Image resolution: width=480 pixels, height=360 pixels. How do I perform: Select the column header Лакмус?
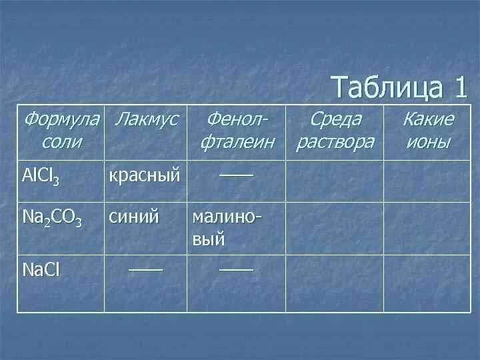click(146, 120)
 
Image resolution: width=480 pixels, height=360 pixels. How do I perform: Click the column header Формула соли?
click(61, 131)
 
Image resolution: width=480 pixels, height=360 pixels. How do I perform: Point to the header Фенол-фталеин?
click(237, 131)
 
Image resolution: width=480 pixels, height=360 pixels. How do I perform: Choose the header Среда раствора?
click(335, 131)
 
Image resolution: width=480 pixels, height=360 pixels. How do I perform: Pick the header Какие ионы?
click(427, 131)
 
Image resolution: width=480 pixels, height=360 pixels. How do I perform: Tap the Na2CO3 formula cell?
click(52, 219)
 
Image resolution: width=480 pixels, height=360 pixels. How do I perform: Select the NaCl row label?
click(41, 271)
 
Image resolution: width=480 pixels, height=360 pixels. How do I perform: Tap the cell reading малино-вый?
click(227, 228)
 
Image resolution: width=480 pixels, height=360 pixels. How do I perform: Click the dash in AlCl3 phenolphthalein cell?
click(237, 173)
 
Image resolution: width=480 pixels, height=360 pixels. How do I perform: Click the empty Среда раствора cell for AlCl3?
click(335, 181)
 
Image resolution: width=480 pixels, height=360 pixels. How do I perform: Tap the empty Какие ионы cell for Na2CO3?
click(427, 228)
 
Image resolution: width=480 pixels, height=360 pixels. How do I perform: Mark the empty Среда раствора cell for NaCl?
click(335, 283)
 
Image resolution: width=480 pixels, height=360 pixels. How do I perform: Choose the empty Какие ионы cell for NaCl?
click(427, 283)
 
